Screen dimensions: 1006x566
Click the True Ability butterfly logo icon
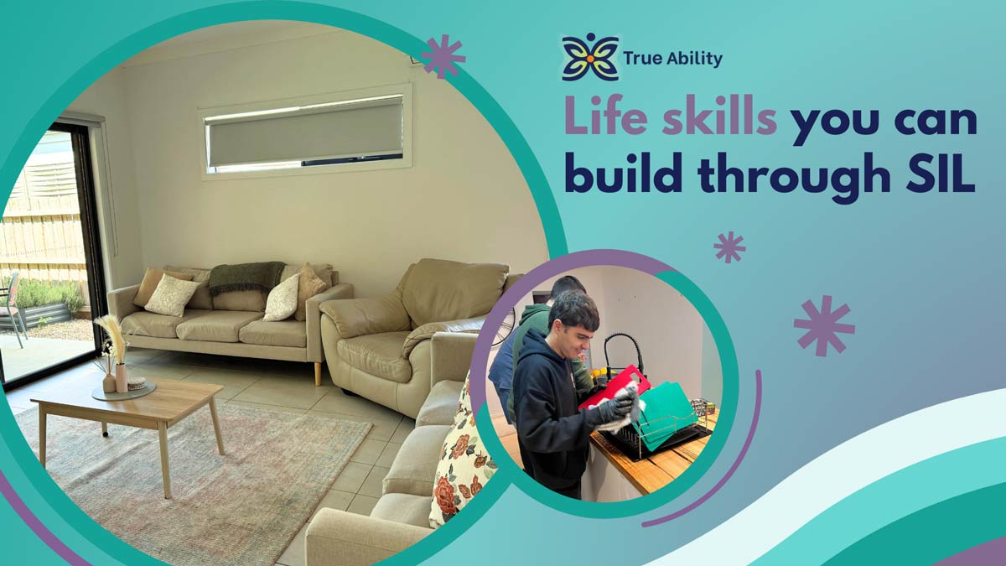tap(590, 58)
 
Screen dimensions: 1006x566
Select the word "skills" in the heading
tap(719, 117)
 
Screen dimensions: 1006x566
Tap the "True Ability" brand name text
tap(672, 59)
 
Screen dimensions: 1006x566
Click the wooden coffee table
tap(128, 418)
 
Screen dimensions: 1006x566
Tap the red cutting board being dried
tap(614, 387)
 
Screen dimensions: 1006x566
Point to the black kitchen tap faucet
tap(624, 353)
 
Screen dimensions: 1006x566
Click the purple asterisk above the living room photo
tap(443, 56)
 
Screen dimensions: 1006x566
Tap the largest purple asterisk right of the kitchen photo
tap(824, 325)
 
